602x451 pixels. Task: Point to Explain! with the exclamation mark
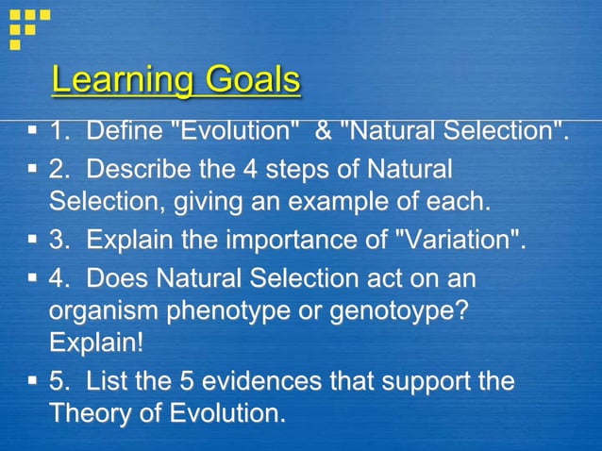[97, 341]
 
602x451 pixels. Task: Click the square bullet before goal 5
[32, 382]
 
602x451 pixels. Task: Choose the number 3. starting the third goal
[60, 240]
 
